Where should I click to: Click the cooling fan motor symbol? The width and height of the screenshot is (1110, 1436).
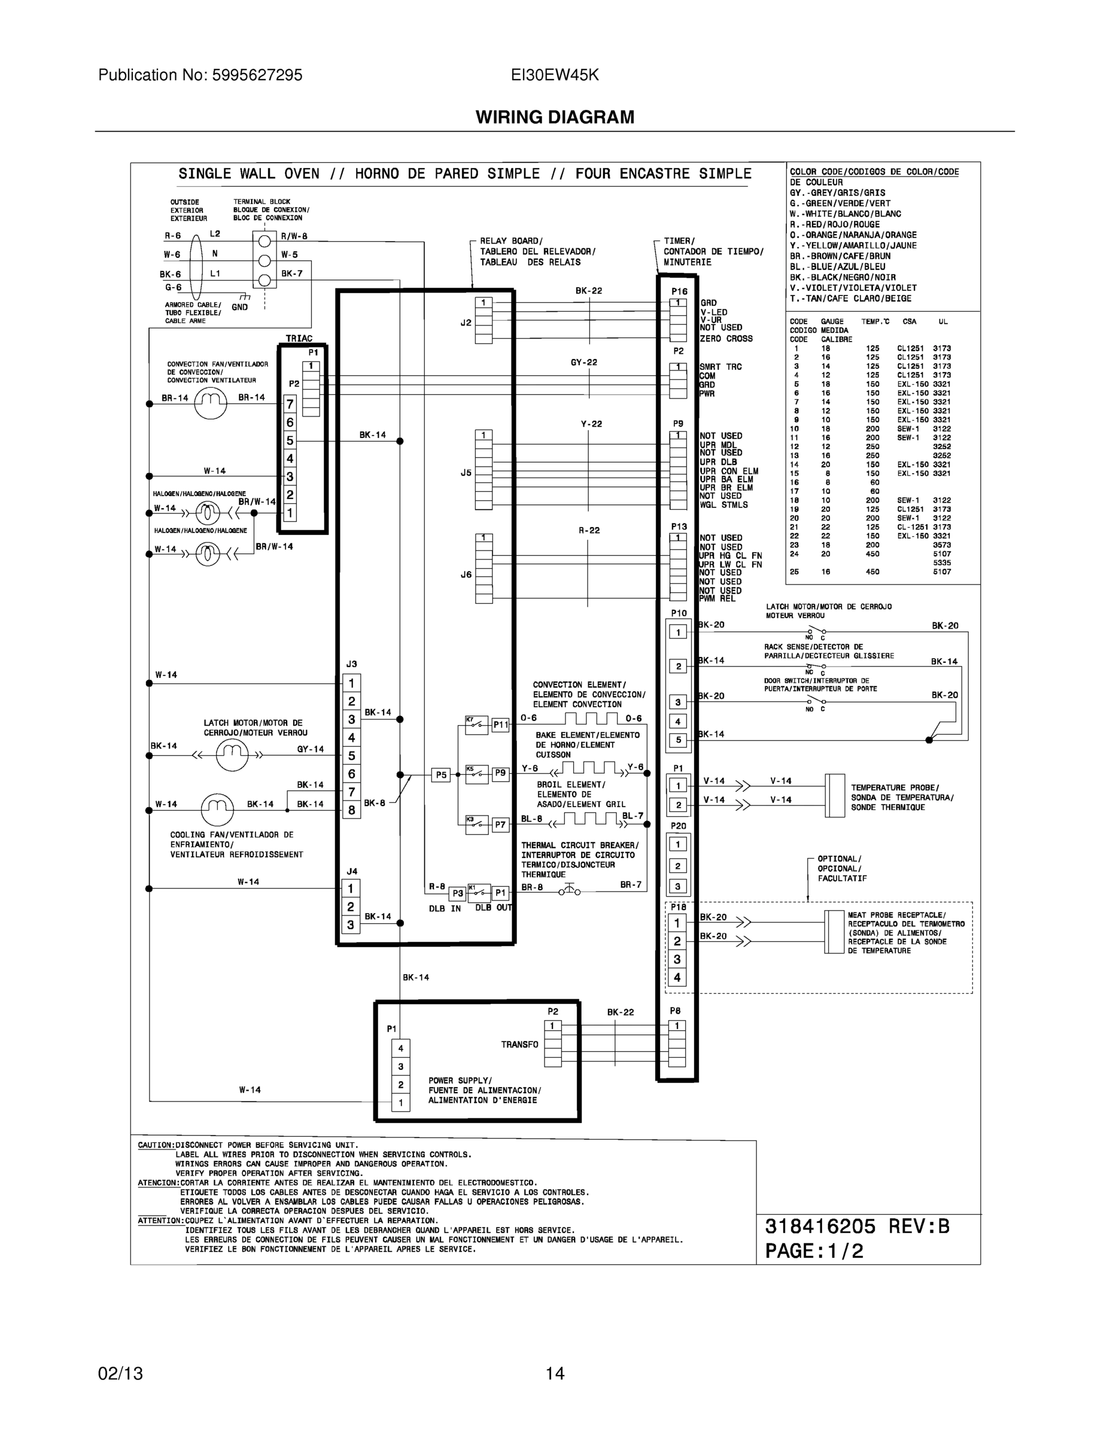[x=217, y=810]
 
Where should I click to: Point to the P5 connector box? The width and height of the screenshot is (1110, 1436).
[x=440, y=775]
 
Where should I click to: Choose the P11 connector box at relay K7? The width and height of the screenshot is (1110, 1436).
[x=500, y=725]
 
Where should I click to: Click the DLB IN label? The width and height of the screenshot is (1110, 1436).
[x=445, y=909]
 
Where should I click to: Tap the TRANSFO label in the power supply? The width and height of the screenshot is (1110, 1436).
[x=519, y=1044]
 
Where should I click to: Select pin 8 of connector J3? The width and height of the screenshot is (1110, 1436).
[x=352, y=810]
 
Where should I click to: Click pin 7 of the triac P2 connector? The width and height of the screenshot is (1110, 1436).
[x=290, y=404]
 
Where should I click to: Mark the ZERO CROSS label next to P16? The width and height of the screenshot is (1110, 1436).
[x=726, y=339]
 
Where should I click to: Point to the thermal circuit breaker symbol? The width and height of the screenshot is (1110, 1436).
[x=570, y=891]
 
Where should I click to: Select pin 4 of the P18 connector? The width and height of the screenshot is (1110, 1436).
[x=677, y=977]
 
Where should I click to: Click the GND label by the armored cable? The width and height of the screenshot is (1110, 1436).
[x=240, y=307]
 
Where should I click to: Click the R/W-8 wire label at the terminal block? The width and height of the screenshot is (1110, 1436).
[x=294, y=236]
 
